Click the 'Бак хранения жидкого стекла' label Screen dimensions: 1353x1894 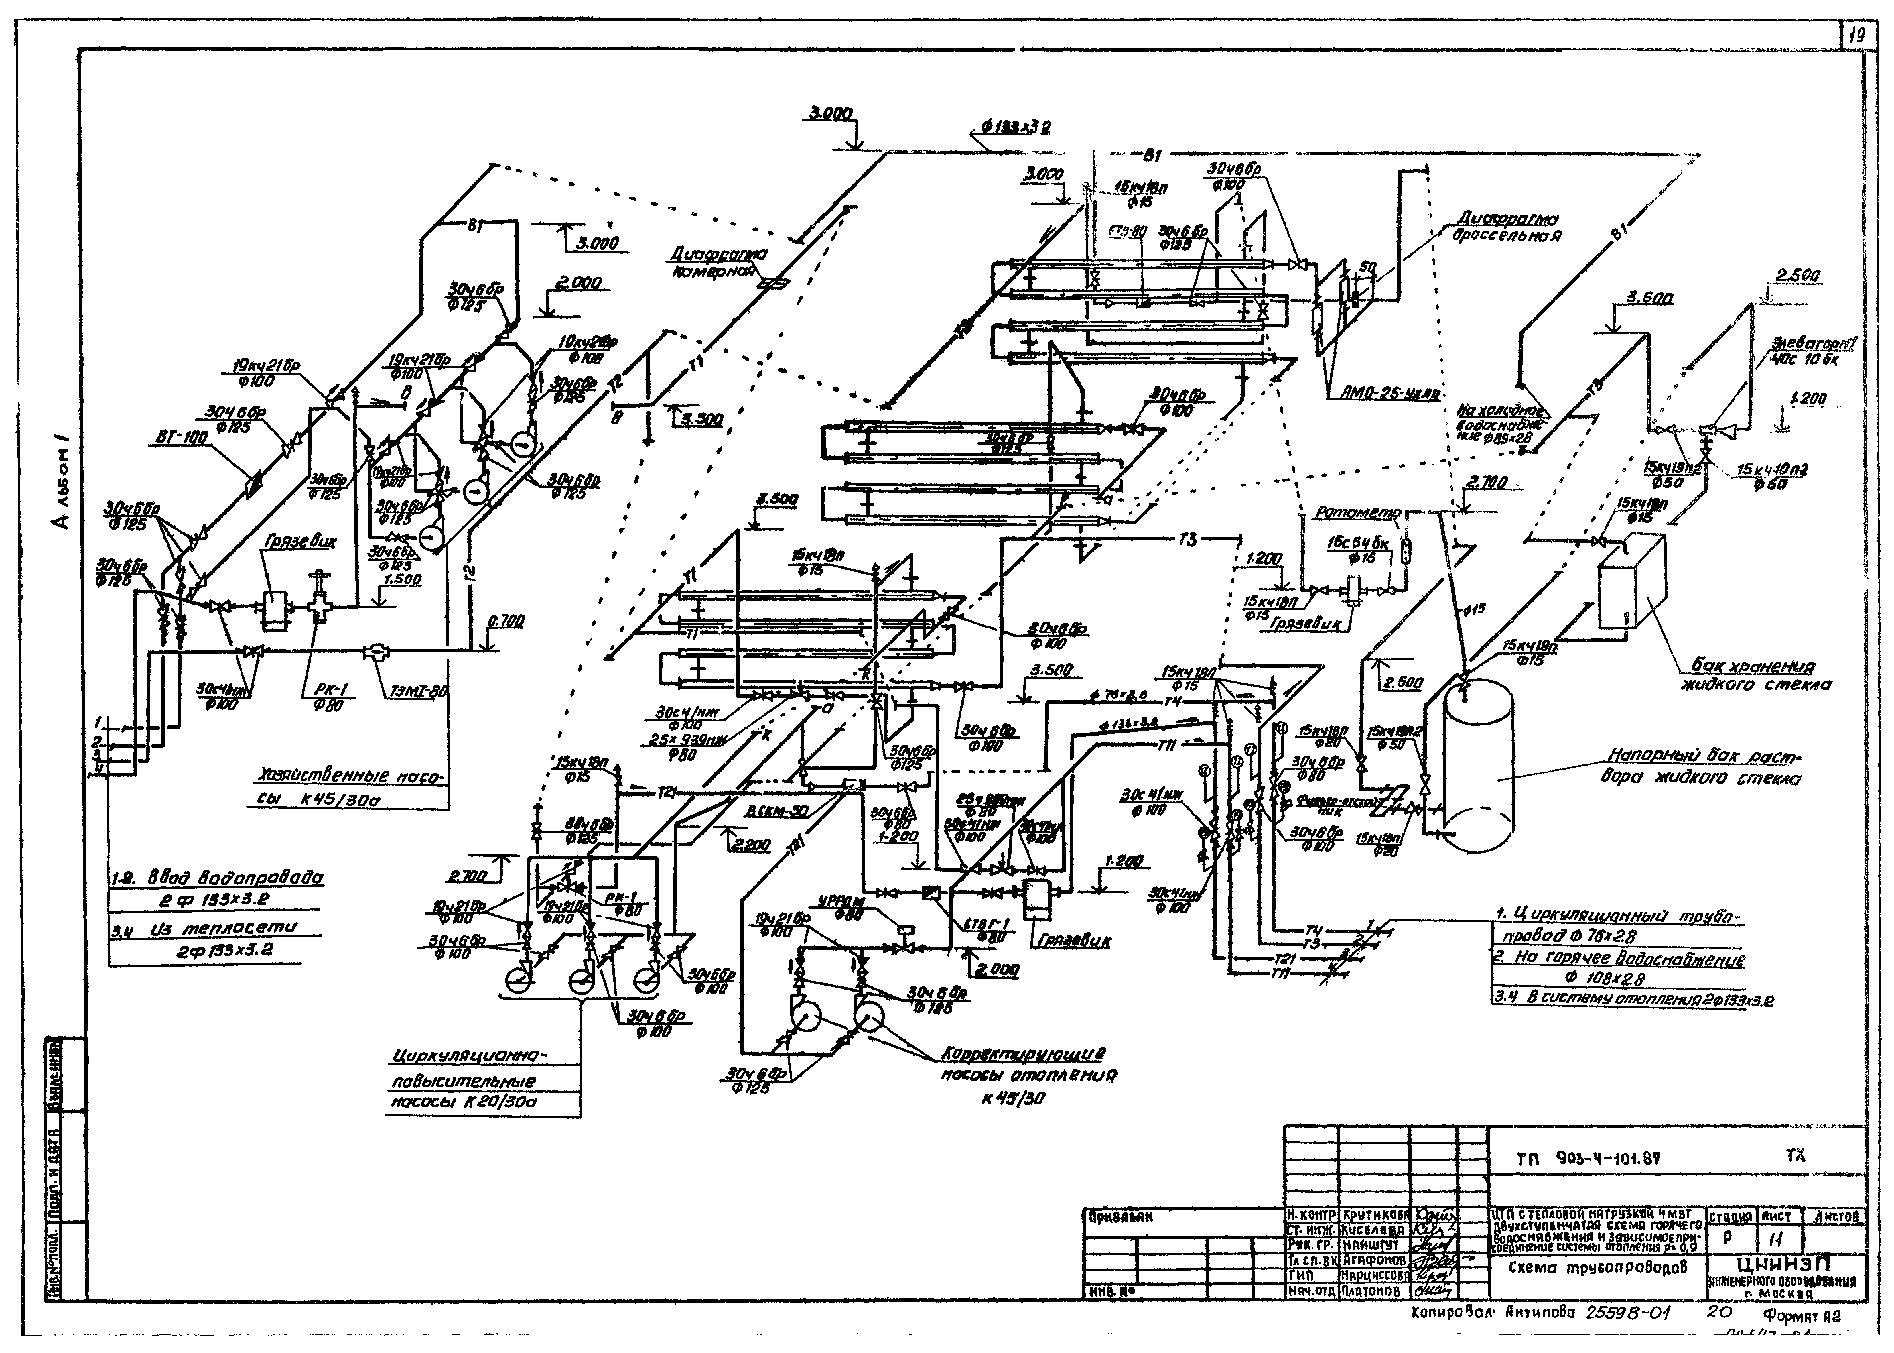(x=1756, y=676)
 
